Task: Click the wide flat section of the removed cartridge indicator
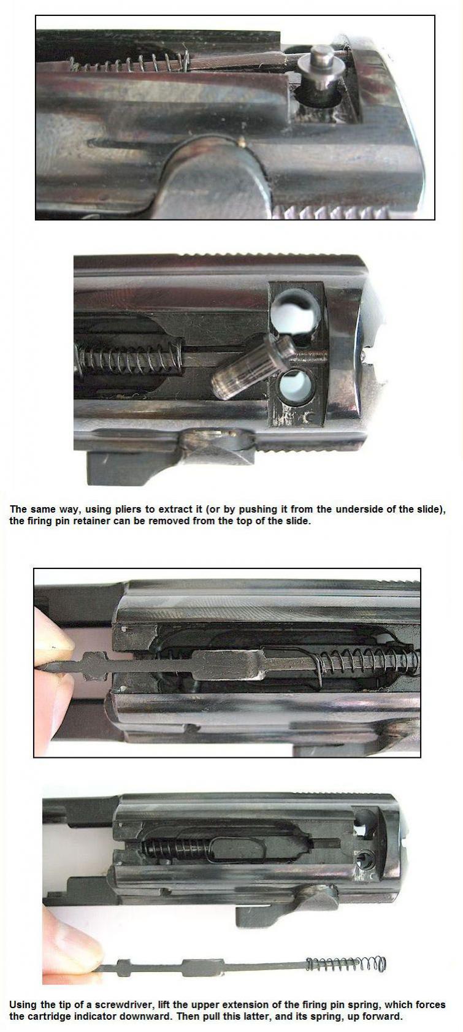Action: click(204, 966)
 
